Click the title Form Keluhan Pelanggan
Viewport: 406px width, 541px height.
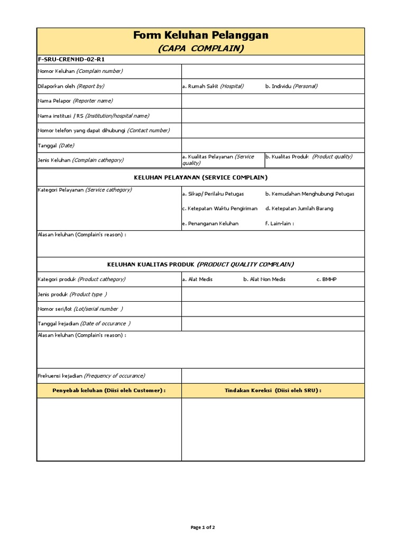tap(200, 35)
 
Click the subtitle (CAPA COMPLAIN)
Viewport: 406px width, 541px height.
tap(200, 48)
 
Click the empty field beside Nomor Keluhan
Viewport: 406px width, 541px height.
tap(273, 71)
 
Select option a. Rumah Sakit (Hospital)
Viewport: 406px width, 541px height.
tap(213, 86)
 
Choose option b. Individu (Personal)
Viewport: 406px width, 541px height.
tap(291, 86)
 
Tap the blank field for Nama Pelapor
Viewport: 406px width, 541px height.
tap(273, 101)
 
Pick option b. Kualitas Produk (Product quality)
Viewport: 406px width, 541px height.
tap(309, 156)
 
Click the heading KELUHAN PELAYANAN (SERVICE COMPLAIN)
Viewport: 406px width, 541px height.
tap(200, 177)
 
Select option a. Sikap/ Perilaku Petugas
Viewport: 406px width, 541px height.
tap(213, 194)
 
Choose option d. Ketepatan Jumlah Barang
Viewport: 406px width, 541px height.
tap(299, 209)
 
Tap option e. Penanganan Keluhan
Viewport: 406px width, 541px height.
tap(210, 223)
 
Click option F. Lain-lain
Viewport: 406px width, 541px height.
tap(280, 223)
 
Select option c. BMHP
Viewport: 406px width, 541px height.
tap(326, 279)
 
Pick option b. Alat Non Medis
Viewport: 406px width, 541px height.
tap(264, 279)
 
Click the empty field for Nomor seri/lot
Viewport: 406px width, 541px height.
tap(273, 309)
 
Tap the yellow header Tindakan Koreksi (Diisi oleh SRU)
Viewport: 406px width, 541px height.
tap(273, 390)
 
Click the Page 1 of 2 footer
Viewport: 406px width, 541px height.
tap(202, 527)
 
